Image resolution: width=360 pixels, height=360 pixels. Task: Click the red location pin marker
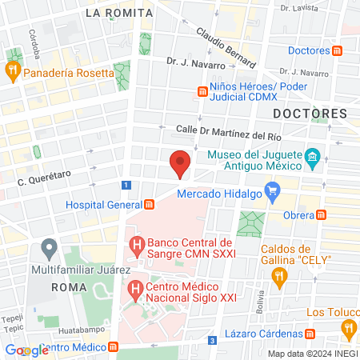click(181, 162)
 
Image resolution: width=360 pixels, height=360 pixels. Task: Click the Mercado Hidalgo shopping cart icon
click(274, 191)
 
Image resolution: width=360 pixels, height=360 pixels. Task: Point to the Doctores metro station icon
click(338, 50)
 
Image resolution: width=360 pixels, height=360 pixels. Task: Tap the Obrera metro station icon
click(322, 214)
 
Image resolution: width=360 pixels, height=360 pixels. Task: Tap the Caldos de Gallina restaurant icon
click(279, 277)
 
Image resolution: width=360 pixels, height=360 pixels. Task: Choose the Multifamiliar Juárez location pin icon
click(50, 247)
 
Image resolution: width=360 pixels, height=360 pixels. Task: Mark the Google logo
click(26, 350)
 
